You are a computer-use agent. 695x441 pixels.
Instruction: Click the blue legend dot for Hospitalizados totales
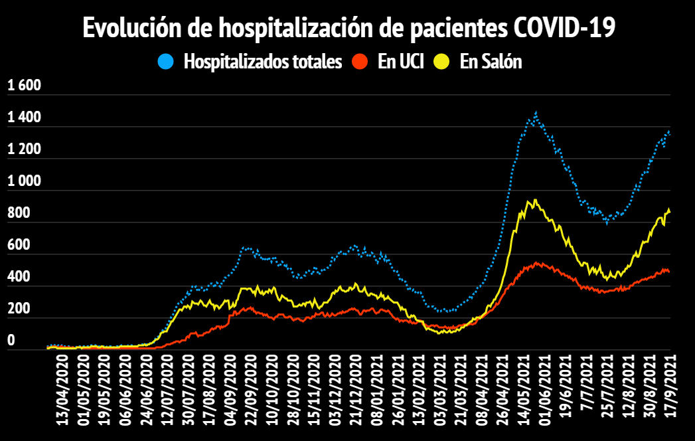tap(166, 62)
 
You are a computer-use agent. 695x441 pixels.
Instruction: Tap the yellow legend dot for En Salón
tap(441, 62)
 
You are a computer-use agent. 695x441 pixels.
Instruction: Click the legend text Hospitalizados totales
tap(263, 62)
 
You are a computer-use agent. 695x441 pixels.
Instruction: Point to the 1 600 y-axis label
tap(24, 86)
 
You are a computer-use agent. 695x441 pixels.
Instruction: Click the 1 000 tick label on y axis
tap(24, 181)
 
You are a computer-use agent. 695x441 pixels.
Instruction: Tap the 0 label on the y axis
tap(10, 341)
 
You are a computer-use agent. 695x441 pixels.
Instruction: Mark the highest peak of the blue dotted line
tap(535, 114)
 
